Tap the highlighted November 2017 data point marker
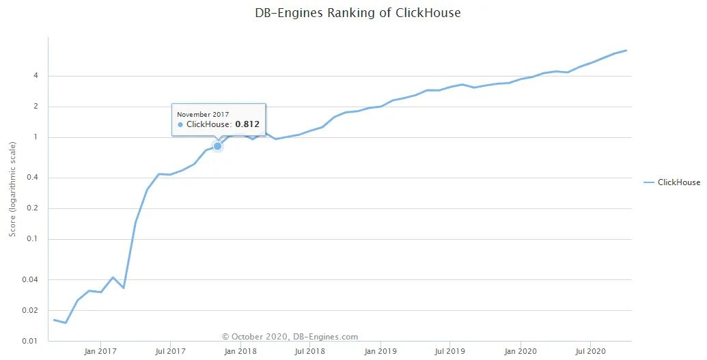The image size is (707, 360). [218, 146]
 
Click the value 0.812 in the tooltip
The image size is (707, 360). [247, 124]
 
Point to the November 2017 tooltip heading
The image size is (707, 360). [203, 114]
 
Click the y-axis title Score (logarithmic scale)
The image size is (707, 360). [13, 189]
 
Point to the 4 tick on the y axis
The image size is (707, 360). [35, 76]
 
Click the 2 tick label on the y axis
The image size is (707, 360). [35, 107]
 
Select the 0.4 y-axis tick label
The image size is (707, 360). [32, 178]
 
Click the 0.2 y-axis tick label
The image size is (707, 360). [32, 208]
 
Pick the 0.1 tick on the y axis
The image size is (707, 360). [32, 239]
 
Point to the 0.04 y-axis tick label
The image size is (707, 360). [30, 279]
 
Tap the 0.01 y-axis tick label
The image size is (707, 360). [30, 341]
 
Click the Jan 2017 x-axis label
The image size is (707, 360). [100, 352]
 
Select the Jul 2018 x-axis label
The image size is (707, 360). [309, 352]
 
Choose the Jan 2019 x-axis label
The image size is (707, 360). [380, 352]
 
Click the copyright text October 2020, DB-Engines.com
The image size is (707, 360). [290, 337]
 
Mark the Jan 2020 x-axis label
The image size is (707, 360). [521, 352]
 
